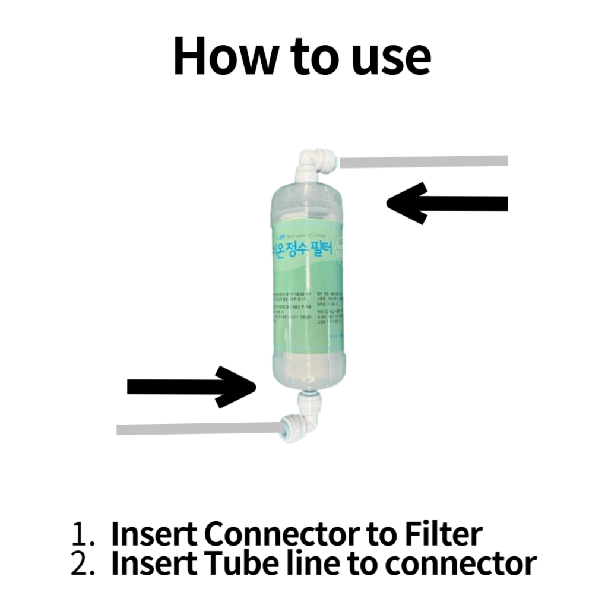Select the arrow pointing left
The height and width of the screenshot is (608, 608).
coord(446,204)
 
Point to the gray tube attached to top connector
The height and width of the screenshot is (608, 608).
coord(423,161)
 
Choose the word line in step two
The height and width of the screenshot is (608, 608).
coord(315,563)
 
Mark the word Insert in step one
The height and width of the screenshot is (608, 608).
coord(155,534)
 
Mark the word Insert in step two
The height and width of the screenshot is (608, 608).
coord(155,563)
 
